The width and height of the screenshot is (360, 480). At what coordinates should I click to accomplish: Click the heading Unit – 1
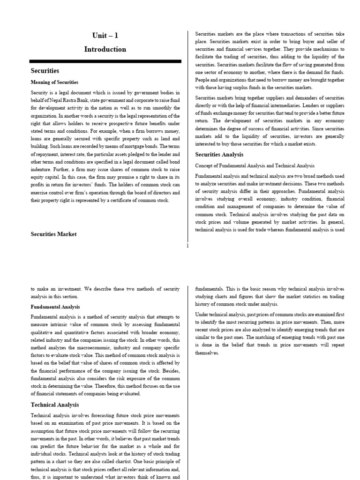[x=105, y=36]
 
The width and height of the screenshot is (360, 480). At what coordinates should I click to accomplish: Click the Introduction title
[x=105, y=49]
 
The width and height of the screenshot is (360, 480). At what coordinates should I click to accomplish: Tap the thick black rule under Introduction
[x=105, y=61]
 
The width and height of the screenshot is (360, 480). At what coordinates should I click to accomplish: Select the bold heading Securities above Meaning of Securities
[x=45, y=71]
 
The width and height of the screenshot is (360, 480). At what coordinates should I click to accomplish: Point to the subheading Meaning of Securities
[x=54, y=82]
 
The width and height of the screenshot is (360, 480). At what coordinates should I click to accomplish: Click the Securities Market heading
[x=53, y=234]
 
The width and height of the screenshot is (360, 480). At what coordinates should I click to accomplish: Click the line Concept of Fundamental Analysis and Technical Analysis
[x=255, y=165]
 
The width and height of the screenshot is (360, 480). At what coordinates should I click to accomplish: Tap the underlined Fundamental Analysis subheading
[x=55, y=307]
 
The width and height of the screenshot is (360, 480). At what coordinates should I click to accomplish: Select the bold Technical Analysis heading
[x=55, y=405]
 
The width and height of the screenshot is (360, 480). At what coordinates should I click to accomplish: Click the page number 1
[x=187, y=246]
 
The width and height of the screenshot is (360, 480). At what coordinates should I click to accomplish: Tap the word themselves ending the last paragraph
[x=207, y=352]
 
